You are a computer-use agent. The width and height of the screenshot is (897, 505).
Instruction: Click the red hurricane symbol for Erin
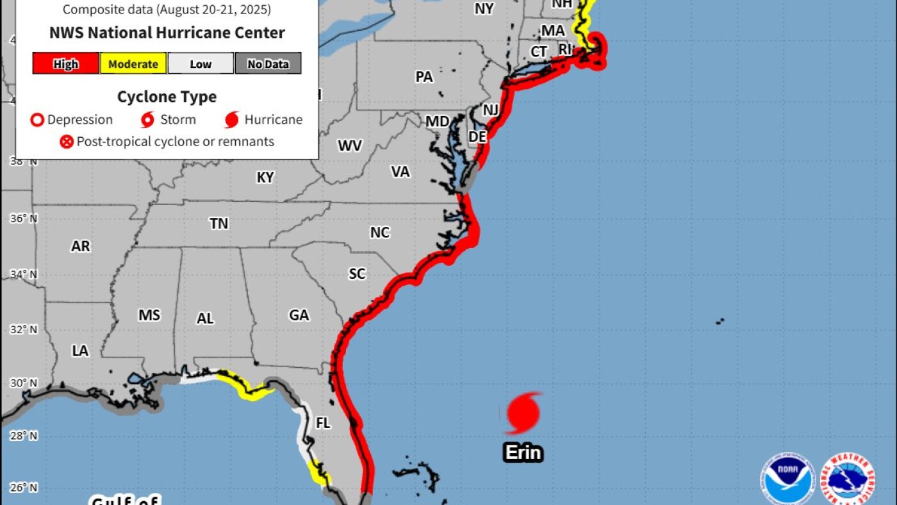[x=523, y=413]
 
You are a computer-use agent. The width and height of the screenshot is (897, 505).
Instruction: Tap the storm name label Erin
[x=523, y=453]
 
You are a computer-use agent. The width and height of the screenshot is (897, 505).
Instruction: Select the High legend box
[x=66, y=63]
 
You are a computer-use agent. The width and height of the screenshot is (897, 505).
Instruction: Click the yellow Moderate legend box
[x=133, y=63]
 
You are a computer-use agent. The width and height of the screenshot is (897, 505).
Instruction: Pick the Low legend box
[x=201, y=63]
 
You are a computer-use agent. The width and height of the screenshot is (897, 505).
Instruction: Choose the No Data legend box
[x=268, y=63]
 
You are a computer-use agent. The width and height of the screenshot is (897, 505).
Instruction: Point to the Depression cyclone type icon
[x=38, y=120]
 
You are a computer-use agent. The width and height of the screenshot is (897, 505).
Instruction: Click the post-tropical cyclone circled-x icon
[x=67, y=142]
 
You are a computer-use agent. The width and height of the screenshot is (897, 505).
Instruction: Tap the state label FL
[x=323, y=424]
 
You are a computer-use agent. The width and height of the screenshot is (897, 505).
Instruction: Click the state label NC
[x=379, y=233]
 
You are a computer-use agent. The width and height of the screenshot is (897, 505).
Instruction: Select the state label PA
[x=424, y=77]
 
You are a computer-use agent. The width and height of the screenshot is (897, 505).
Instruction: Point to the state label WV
[x=350, y=146]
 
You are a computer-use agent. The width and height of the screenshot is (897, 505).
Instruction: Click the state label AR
[x=81, y=247]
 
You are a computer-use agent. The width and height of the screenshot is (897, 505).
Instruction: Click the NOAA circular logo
[x=787, y=479]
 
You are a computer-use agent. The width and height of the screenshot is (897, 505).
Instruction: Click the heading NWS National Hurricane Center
[x=167, y=33]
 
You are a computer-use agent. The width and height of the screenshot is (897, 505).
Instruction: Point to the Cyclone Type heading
[x=167, y=97]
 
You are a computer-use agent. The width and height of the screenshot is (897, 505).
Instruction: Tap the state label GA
[x=299, y=315]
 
